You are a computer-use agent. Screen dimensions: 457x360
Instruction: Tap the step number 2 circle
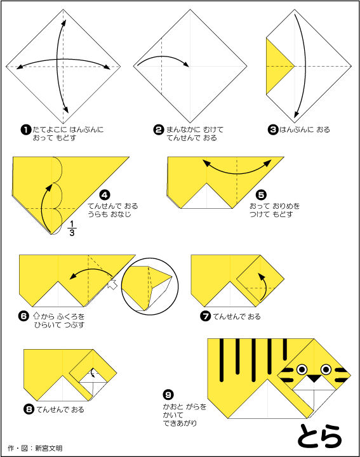(159, 129)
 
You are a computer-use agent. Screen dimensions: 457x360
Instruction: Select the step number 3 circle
(273, 129)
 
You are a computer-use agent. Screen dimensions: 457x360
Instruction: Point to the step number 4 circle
(105, 195)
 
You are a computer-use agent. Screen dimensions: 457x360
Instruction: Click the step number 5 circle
(261, 195)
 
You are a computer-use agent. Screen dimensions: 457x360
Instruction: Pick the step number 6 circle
(25, 315)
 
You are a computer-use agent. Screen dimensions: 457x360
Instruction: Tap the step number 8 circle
(29, 409)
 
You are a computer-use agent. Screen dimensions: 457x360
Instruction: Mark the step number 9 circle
(169, 394)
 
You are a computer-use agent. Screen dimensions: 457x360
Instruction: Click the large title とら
(319, 435)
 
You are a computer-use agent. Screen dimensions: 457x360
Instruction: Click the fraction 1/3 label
(71, 227)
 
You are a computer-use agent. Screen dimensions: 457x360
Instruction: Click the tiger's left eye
(301, 369)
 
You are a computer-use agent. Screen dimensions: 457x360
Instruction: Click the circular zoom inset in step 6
(147, 284)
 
